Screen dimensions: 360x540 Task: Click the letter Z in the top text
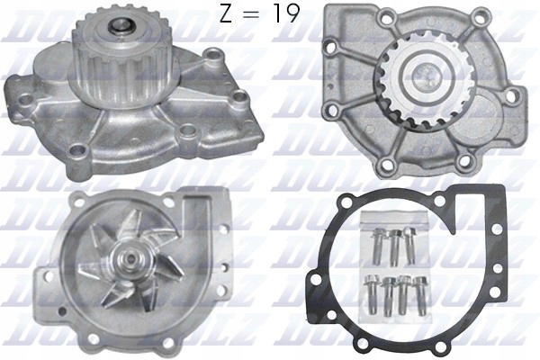coord(227,15)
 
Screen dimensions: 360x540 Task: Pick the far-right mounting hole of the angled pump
coord(241,96)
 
